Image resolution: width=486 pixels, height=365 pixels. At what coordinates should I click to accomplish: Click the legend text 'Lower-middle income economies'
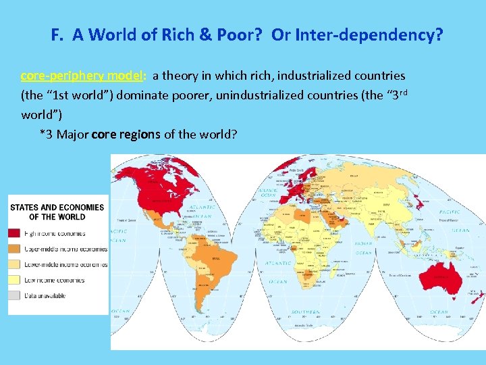coord(65,264)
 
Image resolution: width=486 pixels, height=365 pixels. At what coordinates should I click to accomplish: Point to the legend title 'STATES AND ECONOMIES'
coord(57,208)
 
